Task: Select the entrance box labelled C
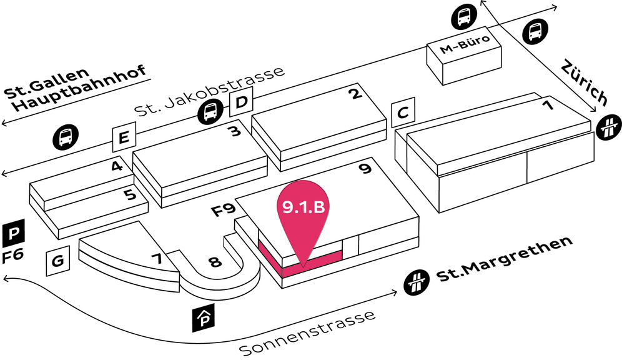pos(403,113)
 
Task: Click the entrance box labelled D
pos(240,103)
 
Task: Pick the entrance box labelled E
pos(123,138)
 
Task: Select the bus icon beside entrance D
pos(210,112)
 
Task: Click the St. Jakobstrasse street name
pos(209,91)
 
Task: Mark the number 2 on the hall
pos(355,94)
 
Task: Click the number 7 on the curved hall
pos(155,258)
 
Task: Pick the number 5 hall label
pos(129,194)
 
